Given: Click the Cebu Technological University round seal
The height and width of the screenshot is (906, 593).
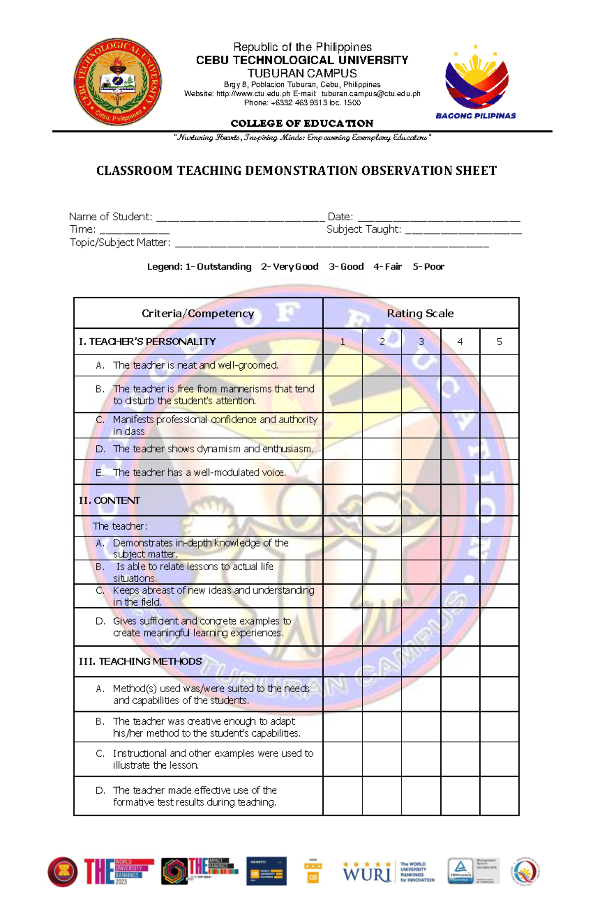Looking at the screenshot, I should coord(118,81).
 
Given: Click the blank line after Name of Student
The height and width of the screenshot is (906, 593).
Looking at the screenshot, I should coord(240,218).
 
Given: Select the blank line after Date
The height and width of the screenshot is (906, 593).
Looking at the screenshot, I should coord(438,218).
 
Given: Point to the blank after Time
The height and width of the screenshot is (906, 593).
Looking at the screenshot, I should coord(134,231).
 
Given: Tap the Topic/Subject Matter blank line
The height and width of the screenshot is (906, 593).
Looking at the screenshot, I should coord(332,244).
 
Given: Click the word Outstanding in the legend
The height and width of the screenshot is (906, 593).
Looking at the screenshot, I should coord(224,267).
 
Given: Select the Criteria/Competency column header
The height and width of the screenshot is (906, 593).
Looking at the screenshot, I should coord(198,314).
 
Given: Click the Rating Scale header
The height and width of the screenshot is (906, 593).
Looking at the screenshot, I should coord(420,314).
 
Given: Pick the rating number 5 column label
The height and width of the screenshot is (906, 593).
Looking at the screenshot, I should coord(499,342).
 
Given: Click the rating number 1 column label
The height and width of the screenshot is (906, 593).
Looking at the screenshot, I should coord(342,342).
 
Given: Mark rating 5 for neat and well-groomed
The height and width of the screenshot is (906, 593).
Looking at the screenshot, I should coord(499,365).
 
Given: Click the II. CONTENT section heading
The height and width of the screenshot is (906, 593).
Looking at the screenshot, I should coord(110,501).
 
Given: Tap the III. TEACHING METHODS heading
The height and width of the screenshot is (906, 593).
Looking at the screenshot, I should coord(140,662).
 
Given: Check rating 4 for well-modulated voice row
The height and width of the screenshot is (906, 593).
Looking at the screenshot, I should coord(460,473).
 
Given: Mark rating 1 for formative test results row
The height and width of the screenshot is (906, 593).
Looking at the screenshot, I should coord(342,796).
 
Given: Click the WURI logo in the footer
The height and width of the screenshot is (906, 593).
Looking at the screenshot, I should coord(367,872).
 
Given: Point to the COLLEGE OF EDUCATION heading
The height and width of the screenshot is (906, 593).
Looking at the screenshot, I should coord(302,123).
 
